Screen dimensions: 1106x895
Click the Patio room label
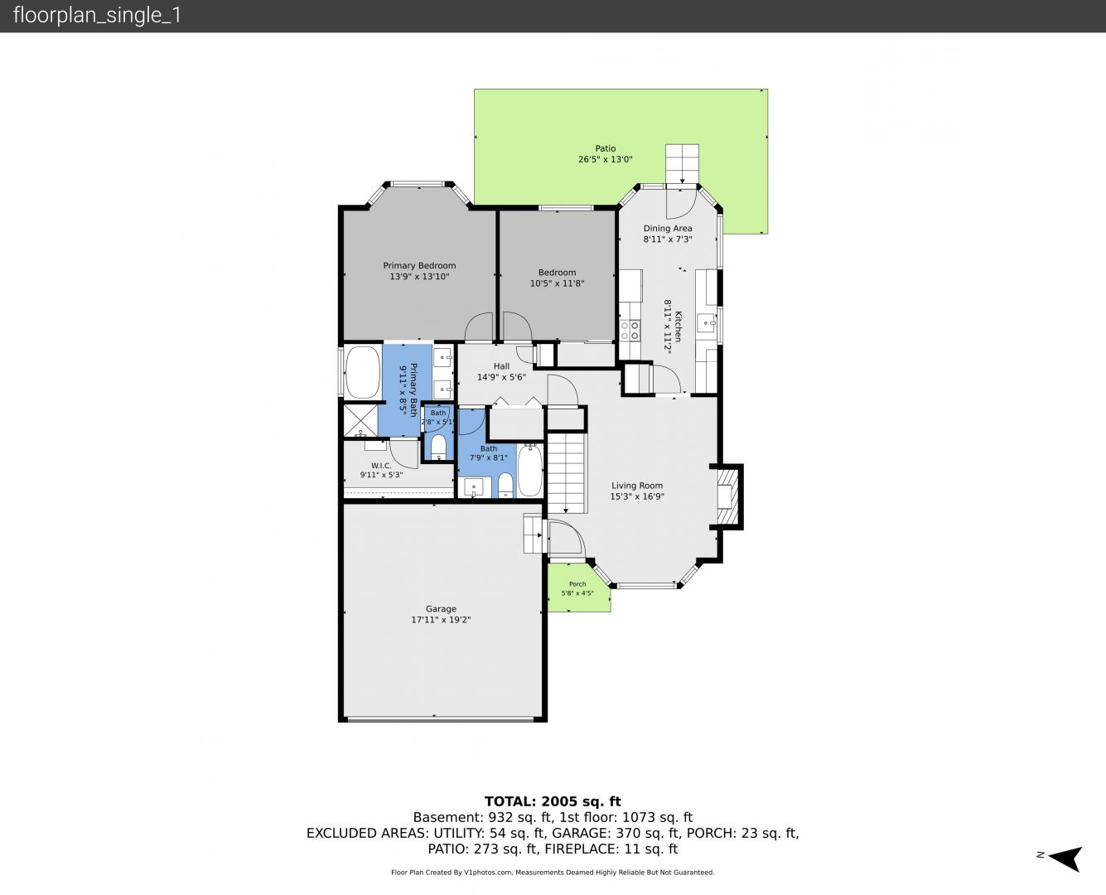point(606,148)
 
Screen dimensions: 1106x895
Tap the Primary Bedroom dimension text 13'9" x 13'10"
point(419,276)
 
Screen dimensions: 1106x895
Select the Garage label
point(441,608)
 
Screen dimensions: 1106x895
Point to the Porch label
point(577,584)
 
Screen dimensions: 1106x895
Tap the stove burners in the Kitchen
point(630,331)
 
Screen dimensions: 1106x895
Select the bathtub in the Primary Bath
point(362,372)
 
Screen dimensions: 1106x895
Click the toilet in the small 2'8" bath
point(439,447)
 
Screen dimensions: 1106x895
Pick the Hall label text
point(501,366)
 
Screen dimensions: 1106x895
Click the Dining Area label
point(668,228)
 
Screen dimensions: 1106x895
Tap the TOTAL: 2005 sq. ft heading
point(553,801)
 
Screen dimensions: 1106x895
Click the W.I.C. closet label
point(381,466)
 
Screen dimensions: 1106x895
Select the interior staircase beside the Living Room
point(566,472)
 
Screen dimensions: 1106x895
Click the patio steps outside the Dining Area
point(683,163)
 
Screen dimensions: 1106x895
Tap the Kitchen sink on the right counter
point(706,323)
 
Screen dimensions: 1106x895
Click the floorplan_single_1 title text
point(98,16)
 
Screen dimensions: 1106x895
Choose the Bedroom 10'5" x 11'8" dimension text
point(558,283)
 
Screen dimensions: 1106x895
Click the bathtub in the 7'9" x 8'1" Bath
point(529,470)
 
